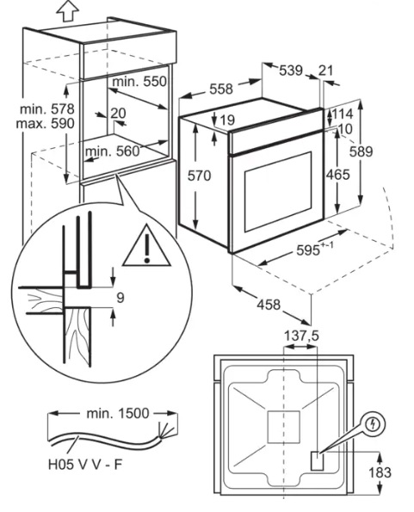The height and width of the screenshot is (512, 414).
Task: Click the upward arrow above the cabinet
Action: tap(68, 11)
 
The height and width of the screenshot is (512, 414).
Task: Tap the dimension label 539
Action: tap(291, 71)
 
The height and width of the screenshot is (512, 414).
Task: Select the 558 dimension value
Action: tap(221, 89)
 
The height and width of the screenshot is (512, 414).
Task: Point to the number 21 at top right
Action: tap(325, 71)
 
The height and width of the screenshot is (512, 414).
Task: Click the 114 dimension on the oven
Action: tap(343, 114)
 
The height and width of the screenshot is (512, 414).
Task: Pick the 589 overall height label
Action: tap(361, 151)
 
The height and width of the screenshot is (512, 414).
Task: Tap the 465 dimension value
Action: tap(338, 175)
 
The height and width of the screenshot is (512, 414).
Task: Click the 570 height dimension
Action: tap(199, 176)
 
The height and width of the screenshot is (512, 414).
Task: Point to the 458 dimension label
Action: tap(269, 305)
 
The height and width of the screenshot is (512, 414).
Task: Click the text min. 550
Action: tap(139, 82)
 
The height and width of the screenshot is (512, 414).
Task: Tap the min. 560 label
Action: tap(112, 151)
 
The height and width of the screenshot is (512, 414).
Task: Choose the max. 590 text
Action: tap(46, 124)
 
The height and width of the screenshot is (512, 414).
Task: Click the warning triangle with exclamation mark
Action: tap(147, 245)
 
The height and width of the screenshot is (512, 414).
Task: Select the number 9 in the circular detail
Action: tap(120, 298)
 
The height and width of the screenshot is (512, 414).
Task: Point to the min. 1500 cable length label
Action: tap(118, 413)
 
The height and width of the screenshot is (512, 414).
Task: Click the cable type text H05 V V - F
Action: tap(85, 465)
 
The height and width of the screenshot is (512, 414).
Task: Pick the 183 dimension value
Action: tap(380, 472)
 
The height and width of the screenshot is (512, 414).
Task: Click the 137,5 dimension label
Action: tap(301, 336)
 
